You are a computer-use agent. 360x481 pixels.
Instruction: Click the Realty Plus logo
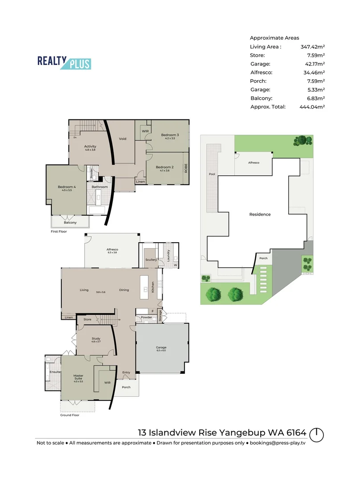pyautogui.click(x=64, y=63)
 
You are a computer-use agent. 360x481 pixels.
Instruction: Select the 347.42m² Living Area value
pyautogui.click(x=312, y=46)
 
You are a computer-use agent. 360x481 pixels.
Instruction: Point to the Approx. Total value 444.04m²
pyautogui.click(x=312, y=107)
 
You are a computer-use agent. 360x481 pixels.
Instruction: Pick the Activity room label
pyautogui.click(x=90, y=146)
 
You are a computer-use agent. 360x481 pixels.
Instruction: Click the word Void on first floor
pyautogui.click(x=123, y=139)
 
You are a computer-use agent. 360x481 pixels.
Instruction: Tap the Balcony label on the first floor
pyautogui.click(x=70, y=222)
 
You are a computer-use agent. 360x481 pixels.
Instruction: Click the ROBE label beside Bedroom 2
pyautogui.click(x=186, y=168)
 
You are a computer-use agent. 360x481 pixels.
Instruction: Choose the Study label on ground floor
pyautogui.click(x=96, y=339)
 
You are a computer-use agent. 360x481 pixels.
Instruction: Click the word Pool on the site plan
pyautogui.click(x=211, y=175)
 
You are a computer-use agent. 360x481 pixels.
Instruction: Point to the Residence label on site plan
pyautogui.click(x=260, y=214)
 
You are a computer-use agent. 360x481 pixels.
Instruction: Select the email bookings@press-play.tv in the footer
pyautogui.click(x=278, y=443)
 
